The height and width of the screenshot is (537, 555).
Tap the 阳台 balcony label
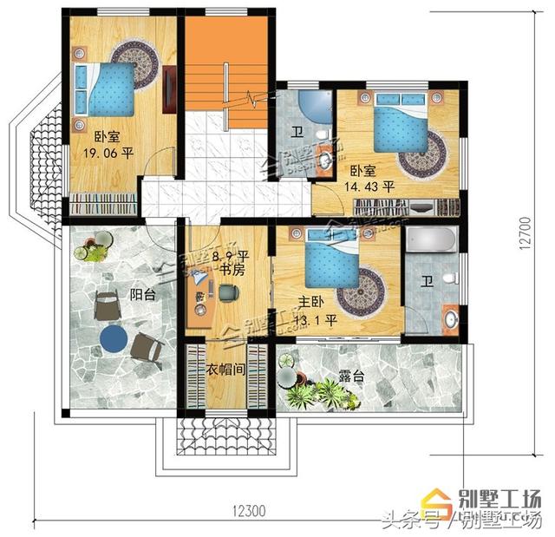pyautogui.click(x=143, y=295)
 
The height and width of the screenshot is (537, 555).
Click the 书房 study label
pyautogui.click(x=231, y=271)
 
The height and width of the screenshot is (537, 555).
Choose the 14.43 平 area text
pyautogui.click(x=370, y=186)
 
